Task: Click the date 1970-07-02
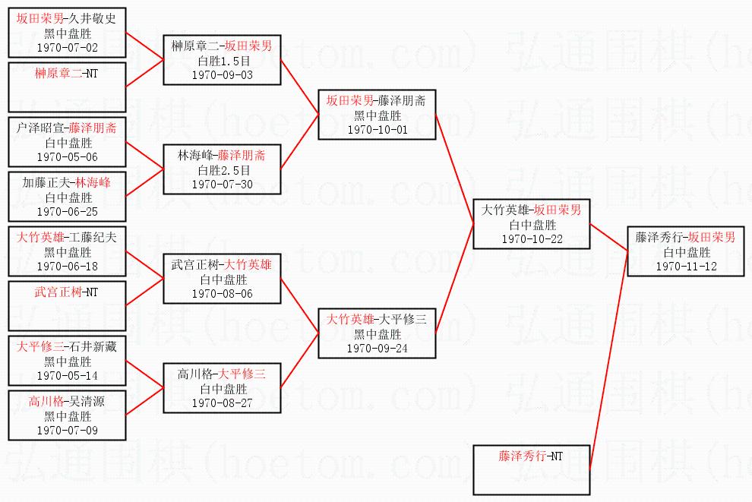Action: pyautogui.click(x=67, y=48)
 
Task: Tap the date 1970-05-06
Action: pyautogui.click(x=67, y=157)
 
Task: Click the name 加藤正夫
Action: pyautogui.click(x=46, y=183)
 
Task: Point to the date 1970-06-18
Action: pyautogui.click(x=67, y=267)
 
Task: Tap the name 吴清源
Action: pyautogui.click(x=87, y=401)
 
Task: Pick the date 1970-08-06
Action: pyautogui.click(x=222, y=294)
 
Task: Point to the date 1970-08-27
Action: pyautogui.click(x=222, y=403)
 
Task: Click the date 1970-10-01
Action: pyautogui.click(x=378, y=130)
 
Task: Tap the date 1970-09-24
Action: pyautogui.click(x=378, y=349)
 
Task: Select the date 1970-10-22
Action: pyautogui.click(x=532, y=239)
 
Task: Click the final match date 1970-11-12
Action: pyautogui.click(x=687, y=267)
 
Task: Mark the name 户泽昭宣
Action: pyautogui.click(x=39, y=128)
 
